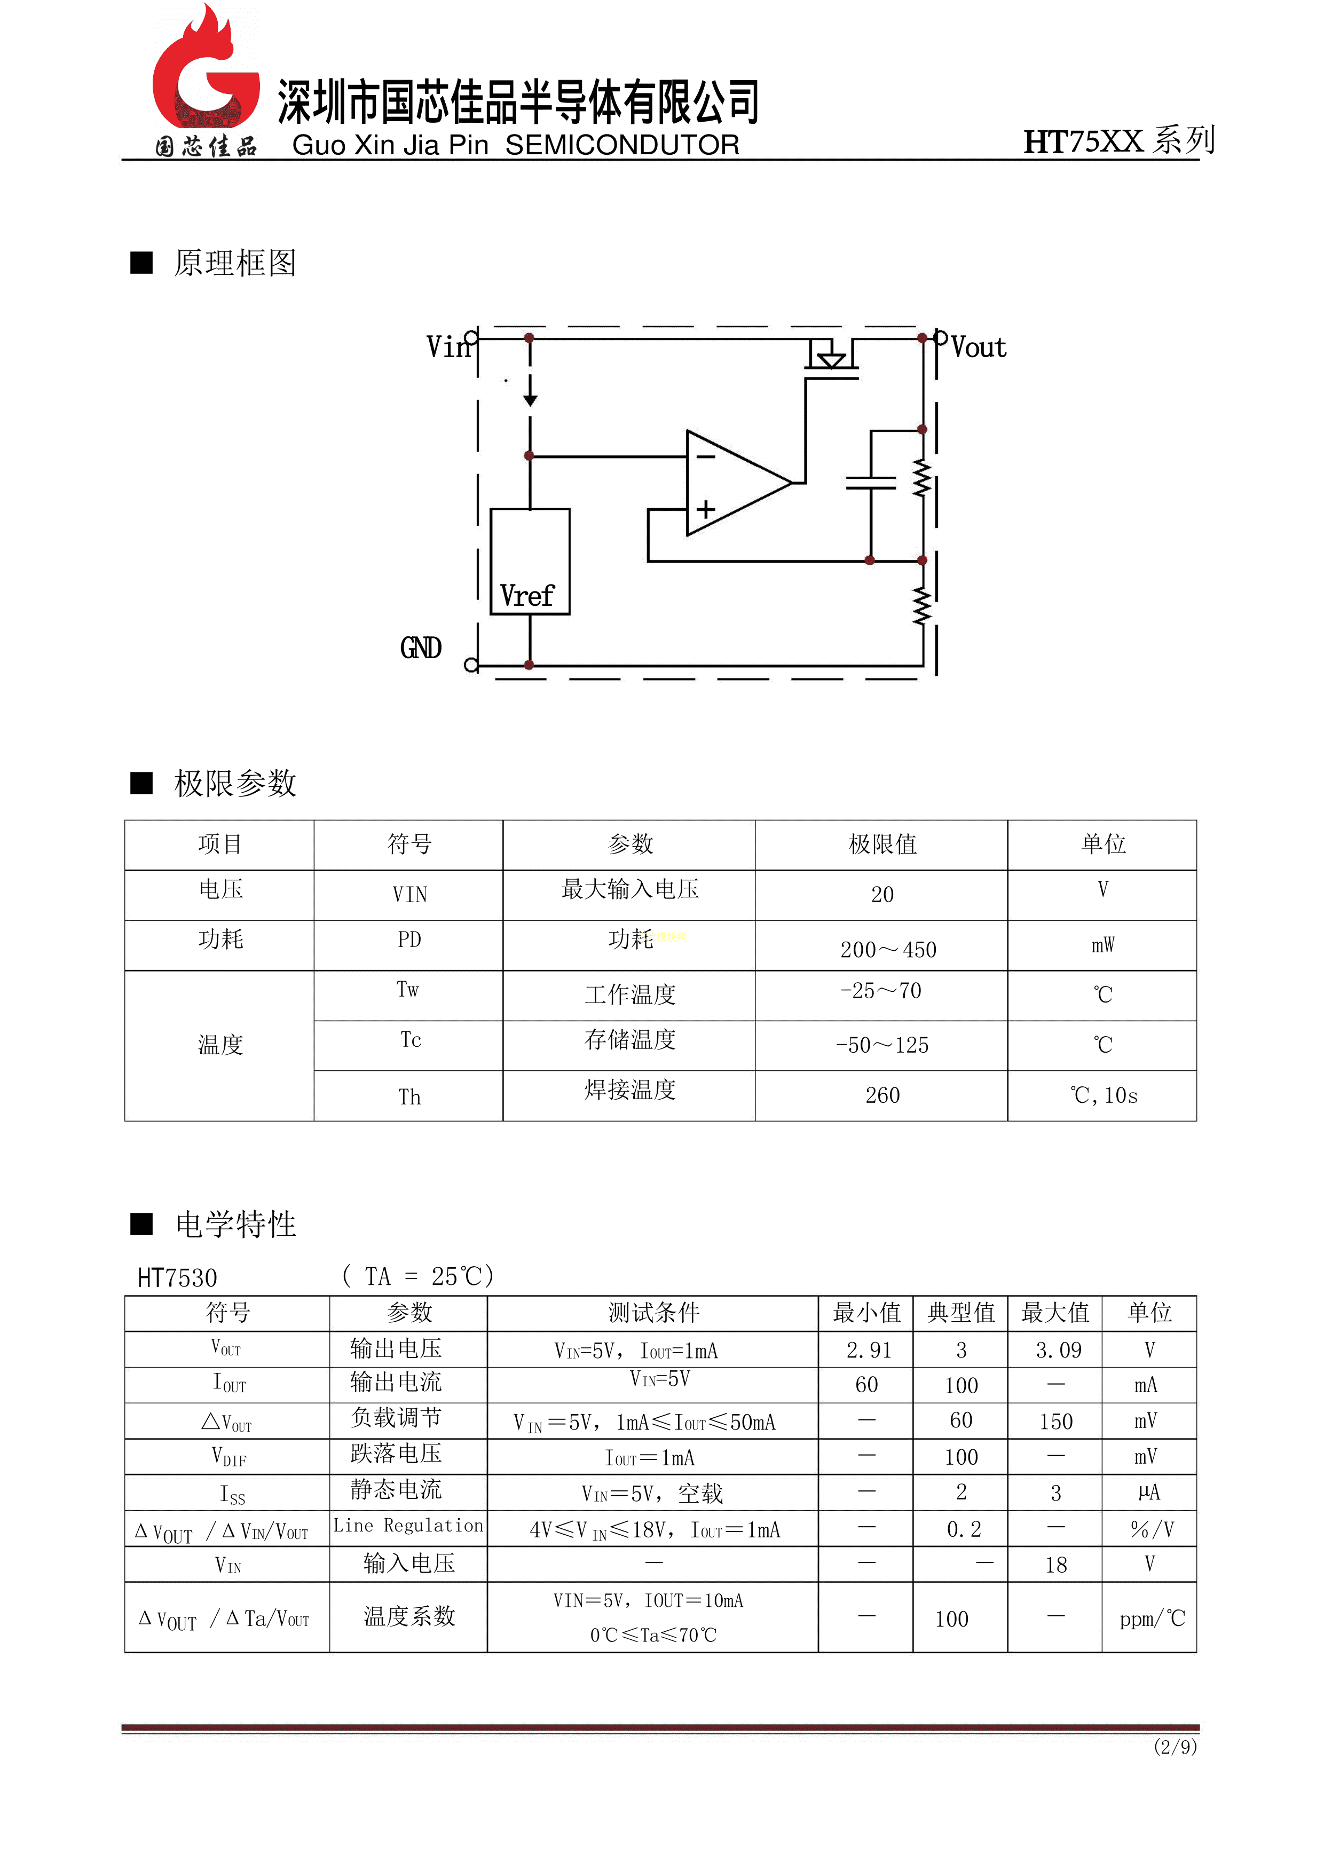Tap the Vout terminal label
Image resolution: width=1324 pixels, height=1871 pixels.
coord(979,348)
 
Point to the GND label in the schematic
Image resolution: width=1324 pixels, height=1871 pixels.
coord(421,648)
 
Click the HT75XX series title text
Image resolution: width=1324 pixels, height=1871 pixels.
coord(1118,141)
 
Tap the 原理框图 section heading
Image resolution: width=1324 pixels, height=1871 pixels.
coord(235,263)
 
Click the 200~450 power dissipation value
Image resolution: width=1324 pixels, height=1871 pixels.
coord(888,950)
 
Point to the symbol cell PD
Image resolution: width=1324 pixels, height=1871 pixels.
coord(409,940)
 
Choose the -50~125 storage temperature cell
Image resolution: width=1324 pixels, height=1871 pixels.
coord(882,1045)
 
